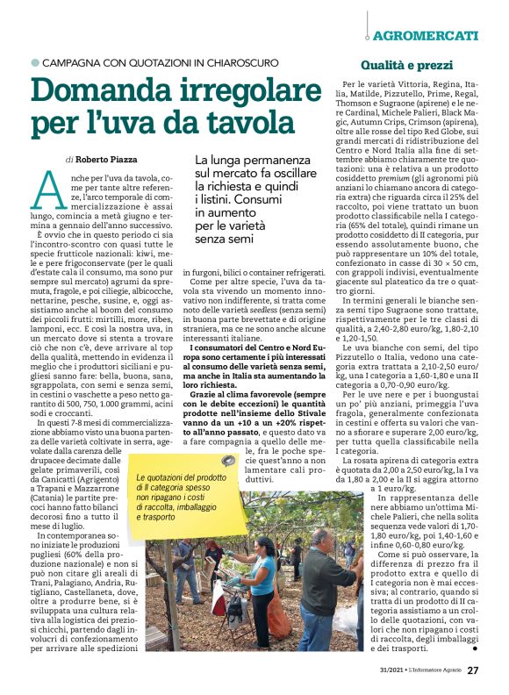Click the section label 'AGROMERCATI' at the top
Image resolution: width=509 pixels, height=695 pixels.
[425, 36]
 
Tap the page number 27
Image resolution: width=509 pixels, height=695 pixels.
[473, 670]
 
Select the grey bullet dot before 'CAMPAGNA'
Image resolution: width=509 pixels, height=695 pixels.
[35, 63]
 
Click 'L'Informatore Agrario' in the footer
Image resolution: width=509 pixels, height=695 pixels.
[425, 671]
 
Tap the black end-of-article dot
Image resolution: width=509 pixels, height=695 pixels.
[474, 648]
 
